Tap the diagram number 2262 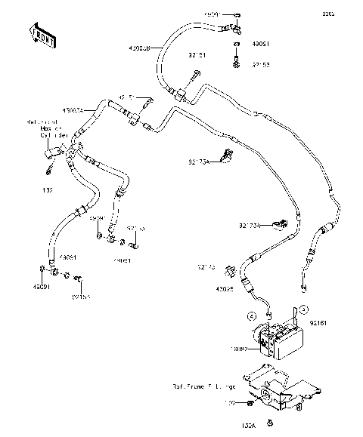pyautogui.click(x=349, y=13)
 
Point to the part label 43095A pyautogui.click(x=84, y=111)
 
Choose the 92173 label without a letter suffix pyautogui.click(x=206, y=266)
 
